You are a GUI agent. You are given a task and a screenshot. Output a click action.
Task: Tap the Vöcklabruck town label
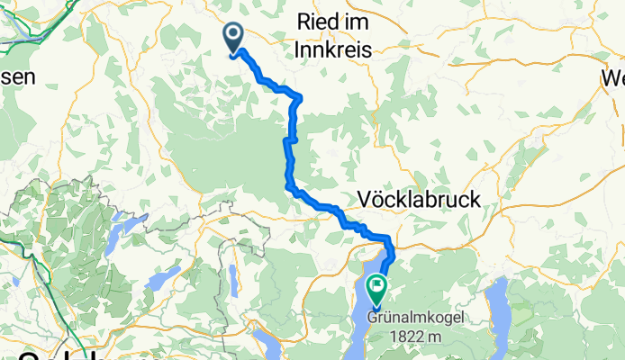point(419,199)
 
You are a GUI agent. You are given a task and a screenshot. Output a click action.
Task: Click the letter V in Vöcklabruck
point(365,199)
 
